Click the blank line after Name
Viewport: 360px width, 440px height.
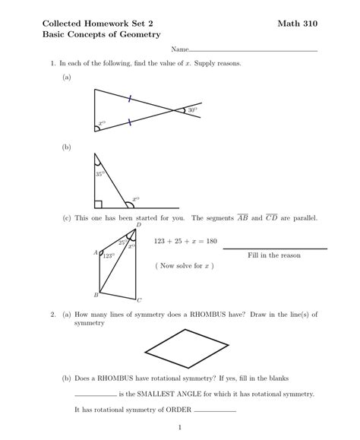pyautogui.click(x=254, y=50)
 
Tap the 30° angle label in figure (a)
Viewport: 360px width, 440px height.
pyautogui.click(x=193, y=111)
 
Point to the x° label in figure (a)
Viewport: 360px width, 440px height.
pyautogui.click(x=103, y=123)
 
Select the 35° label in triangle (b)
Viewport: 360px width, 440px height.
pyautogui.click(x=99, y=174)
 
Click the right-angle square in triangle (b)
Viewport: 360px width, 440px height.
pyautogui.click(x=98, y=204)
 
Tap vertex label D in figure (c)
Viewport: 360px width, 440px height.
pyautogui.click(x=138, y=225)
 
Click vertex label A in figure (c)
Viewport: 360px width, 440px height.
pyautogui.click(x=95, y=252)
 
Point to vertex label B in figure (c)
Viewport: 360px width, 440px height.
pyautogui.click(x=96, y=294)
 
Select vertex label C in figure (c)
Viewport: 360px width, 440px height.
pyautogui.click(x=139, y=300)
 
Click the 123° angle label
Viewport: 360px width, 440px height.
pyautogui.click(x=108, y=256)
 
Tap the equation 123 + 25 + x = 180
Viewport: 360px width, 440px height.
pyautogui.click(x=185, y=242)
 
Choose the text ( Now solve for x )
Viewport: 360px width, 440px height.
pyautogui.click(x=185, y=266)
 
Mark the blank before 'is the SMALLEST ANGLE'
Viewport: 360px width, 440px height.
pyautogui.click(x=96, y=396)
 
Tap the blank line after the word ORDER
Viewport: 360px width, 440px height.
pyautogui.click(x=215, y=411)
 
